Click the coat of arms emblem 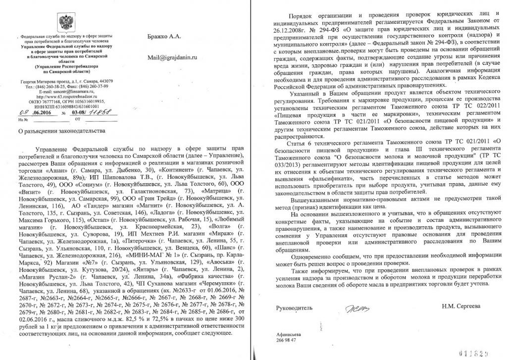click(x=64, y=22)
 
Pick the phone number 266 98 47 click(x=287, y=340)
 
